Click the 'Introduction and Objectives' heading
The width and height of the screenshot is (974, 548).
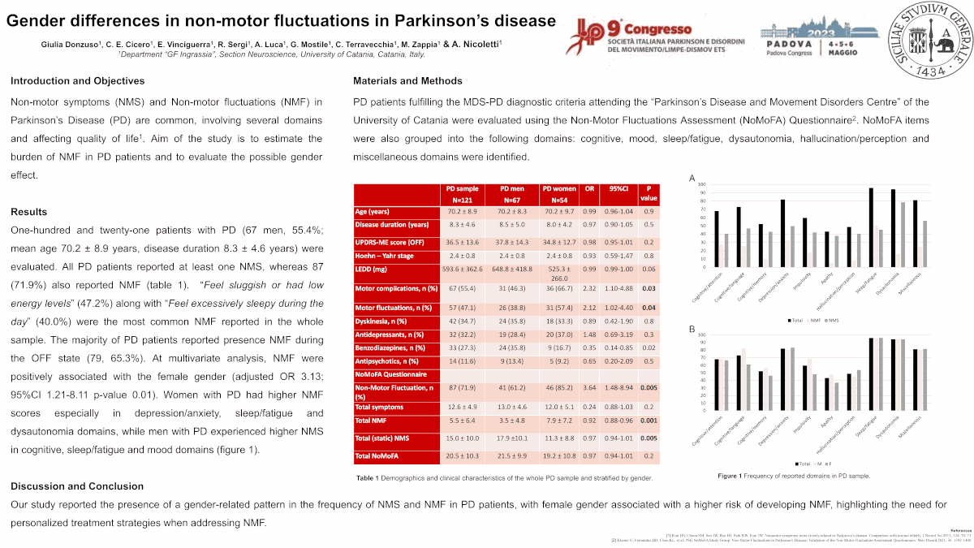pyautogui.click(x=77, y=81)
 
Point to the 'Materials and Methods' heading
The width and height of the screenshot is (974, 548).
pyautogui.click(x=407, y=81)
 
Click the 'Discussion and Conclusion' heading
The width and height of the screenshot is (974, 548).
pyautogui.click(x=77, y=486)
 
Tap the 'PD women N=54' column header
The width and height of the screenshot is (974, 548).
pyautogui.click(x=558, y=195)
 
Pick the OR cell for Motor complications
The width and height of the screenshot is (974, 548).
pyautogui.click(x=589, y=288)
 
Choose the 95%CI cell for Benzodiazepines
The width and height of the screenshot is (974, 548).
pyautogui.click(x=621, y=347)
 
